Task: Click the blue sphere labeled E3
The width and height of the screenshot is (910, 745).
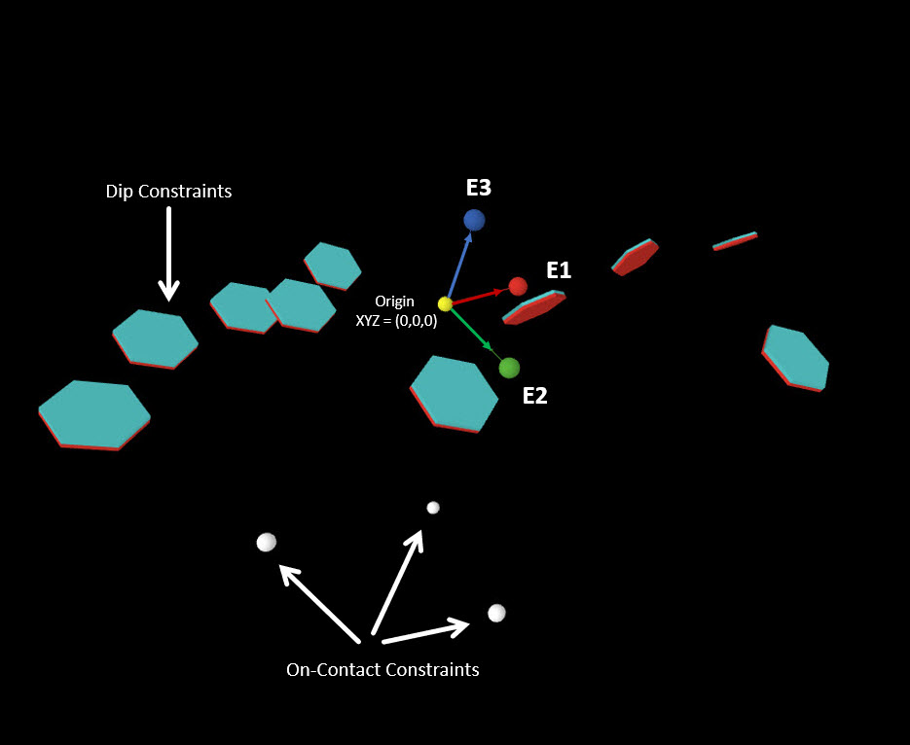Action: [x=474, y=220]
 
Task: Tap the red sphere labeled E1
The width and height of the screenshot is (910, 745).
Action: [x=518, y=286]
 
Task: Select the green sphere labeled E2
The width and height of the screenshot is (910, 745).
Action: [x=509, y=368]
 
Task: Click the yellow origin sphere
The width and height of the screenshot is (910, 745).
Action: [x=445, y=303]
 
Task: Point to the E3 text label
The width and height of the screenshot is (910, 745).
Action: [x=479, y=189]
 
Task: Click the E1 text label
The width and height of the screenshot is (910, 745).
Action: [x=559, y=270]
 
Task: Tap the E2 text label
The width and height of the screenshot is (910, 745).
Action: [x=535, y=396]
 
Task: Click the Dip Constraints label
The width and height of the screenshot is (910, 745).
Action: [x=168, y=192]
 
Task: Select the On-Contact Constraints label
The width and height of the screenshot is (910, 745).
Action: [x=382, y=670]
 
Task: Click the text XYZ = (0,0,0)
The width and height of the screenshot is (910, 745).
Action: [x=396, y=320]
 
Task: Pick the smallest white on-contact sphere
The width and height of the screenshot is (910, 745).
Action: [x=433, y=508]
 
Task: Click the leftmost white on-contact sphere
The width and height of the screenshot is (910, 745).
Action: [x=266, y=542]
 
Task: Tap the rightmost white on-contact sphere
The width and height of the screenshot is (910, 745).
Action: [x=496, y=613]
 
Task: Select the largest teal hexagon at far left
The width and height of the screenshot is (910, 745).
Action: [x=93, y=413]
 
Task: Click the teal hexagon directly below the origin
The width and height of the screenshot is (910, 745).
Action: [x=454, y=392]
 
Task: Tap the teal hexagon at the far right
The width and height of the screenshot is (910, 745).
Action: [x=796, y=358]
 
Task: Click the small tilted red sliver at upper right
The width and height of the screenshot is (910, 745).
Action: [x=735, y=240]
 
